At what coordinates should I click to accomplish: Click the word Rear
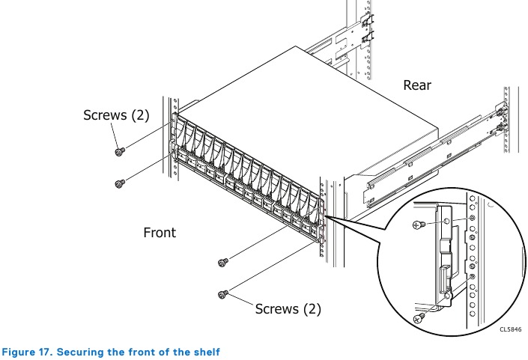[x=417, y=85]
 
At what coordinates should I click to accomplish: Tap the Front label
[x=160, y=233]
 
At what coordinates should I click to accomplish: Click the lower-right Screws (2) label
[x=288, y=308]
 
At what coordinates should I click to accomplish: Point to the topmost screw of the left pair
[x=118, y=152]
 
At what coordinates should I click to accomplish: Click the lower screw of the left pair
[x=118, y=183]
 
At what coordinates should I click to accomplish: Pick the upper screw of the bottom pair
[x=222, y=262]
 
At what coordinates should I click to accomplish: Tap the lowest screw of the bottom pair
[x=222, y=294]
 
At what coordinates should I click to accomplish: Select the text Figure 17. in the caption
[x=28, y=351]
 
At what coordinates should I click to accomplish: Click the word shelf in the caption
[x=206, y=351]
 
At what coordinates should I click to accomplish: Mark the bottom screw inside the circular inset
[x=419, y=317]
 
